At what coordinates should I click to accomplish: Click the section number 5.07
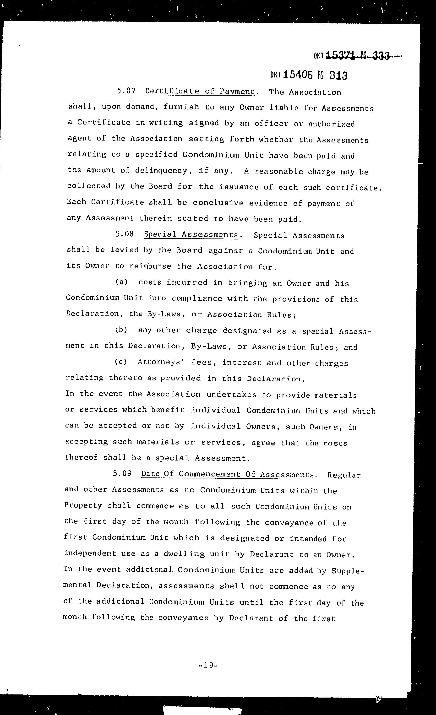[126, 91]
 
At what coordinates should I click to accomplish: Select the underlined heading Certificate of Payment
[200, 91]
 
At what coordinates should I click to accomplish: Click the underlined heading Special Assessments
[191, 234]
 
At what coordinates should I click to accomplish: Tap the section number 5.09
[122, 474]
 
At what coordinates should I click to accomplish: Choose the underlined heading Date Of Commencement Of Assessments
[228, 474]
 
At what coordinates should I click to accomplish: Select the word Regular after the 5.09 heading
[344, 475]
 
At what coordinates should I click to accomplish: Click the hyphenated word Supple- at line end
[347, 571]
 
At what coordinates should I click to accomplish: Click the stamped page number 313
[338, 76]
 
